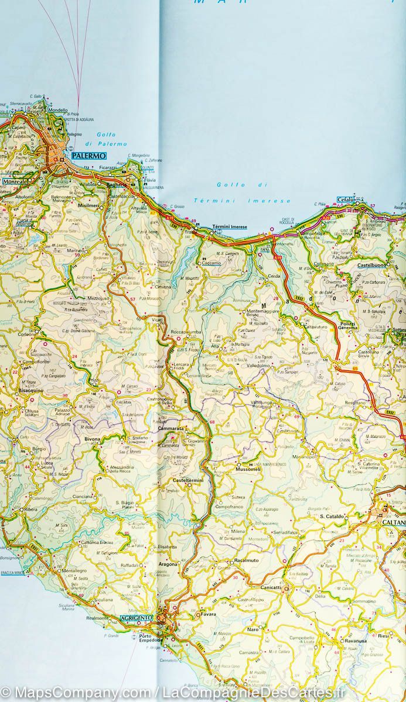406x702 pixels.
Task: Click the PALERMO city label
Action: (x=89, y=156)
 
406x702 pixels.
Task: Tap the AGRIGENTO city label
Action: (x=135, y=618)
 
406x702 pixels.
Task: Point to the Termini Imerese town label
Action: (x=229, y=227)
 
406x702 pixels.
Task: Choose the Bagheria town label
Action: (x=117, y=184)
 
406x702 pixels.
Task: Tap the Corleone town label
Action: (x=28, y=334)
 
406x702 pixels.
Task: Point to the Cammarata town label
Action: (x=171, y=429)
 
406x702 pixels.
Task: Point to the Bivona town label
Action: (x=92, y=438)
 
